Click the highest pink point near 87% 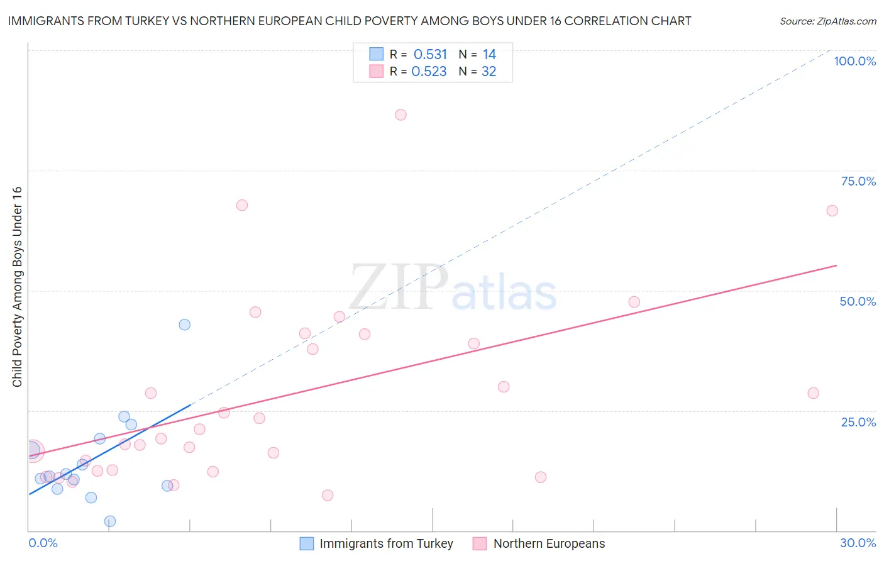click(x=401, y=114)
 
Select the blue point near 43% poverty click(x=184, y=325)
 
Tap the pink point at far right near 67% click(x=832, y=211)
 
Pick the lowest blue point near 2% click(x=110, y=521)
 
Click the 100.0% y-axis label click(x=854, y=61)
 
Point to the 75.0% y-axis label click(x=858, y=181)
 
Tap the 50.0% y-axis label click(x=858, y=301)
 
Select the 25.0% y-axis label click(x=858, y=422)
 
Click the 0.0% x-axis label click(x=43, y=543)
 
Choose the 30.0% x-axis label click(x=858, y=543)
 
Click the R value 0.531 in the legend click(x=430, y=54)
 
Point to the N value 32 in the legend click(x=489, y=72)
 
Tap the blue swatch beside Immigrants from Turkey click(x=307, y=543)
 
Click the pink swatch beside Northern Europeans click(x=480, y=543)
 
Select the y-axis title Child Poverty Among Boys click(x=17, y=287)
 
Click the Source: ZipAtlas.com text click(x=827, y=21)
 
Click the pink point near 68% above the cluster click(x=241, y=205)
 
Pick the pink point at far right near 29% click(x=813, y=393)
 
